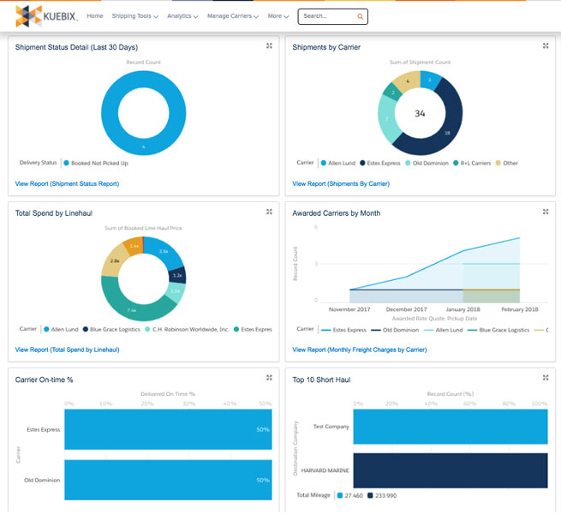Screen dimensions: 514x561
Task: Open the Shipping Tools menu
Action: coord(134,16)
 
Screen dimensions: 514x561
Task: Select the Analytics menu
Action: coord(182,16)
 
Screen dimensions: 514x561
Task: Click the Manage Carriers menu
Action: coord(234,16)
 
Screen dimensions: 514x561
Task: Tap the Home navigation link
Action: coord(95,16)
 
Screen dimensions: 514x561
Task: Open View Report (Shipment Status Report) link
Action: coord(67,183)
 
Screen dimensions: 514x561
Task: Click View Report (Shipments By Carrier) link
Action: coord(341,183)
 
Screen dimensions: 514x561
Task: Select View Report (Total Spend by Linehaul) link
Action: coord(67,350)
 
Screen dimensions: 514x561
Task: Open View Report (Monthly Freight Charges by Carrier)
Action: coord(359,350)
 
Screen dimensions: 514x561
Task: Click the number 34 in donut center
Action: coord(420,113)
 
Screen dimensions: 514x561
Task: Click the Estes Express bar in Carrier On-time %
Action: coord(167,429)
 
